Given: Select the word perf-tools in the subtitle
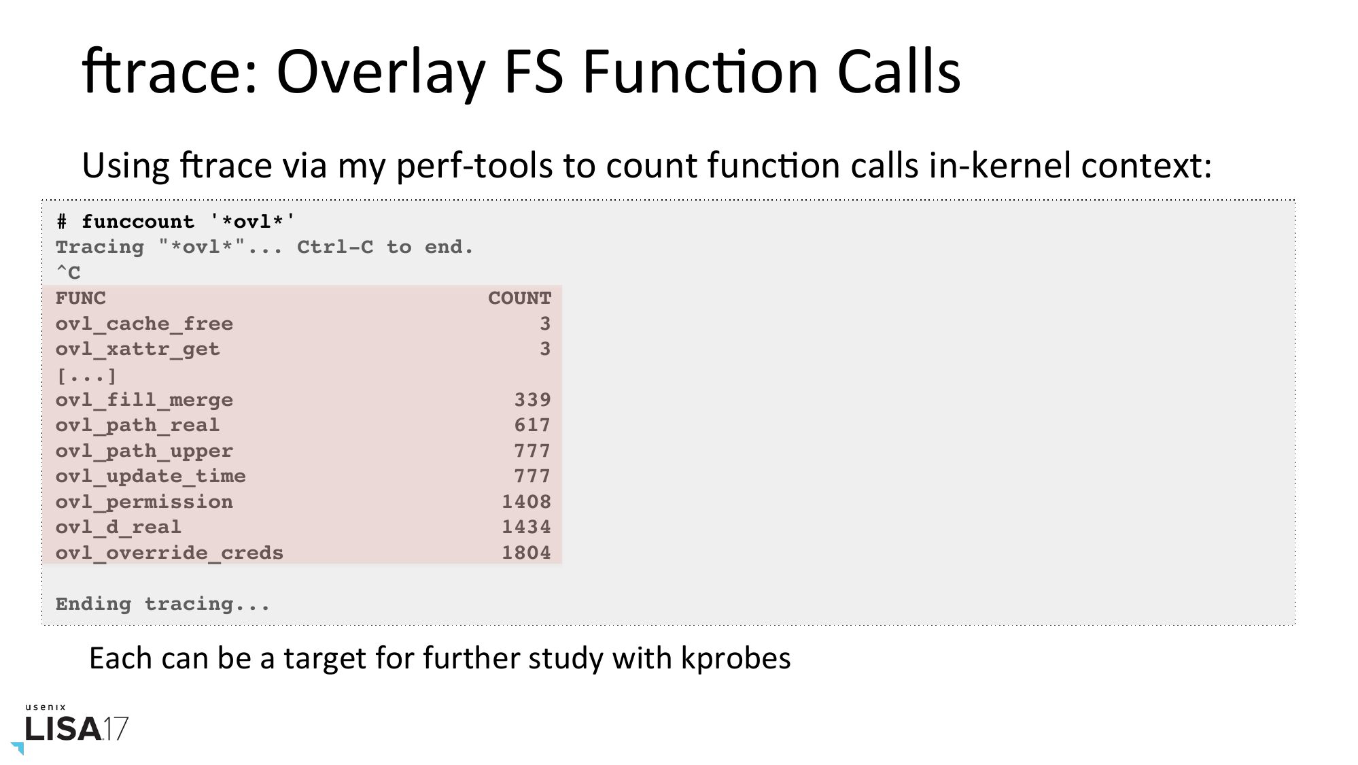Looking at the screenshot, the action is pyautogui.click(x=474, y=166).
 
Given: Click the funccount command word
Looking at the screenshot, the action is pyautogui.click(x=138, y=222).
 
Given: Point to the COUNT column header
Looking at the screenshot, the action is pyautogui.click(x=519, y=298).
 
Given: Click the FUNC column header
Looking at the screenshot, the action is pyautogui.click(x=81, y=298).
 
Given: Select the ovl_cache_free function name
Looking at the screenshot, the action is pyautogui.click(x=144, y=324).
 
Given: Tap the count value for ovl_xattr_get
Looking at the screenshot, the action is pyautogui.click(x=545, y=349).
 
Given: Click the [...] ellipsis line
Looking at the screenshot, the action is pyautogui.click(x=86, y=375).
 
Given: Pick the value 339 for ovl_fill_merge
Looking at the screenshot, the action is pyautogui.click(x=532, y=400).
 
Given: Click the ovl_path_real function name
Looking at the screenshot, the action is pyautogui.click(x=137, y=426).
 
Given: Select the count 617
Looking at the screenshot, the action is pyautogui.click(x=532, y=425).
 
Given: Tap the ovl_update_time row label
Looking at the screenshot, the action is pyautogui.click(x=150, y=477).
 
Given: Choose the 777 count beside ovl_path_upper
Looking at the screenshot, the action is pyautogui.click(x=532, y=451).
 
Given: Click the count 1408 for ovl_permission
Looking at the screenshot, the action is pyautogui.click(x=526, y=502).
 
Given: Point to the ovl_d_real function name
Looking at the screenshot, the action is pyautogui.click(x=118, y=528).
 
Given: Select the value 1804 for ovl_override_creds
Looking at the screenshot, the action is pyautogui.click(x=526, y=553).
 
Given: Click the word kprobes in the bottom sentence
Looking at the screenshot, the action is pyautogui.click(x=736, y=659).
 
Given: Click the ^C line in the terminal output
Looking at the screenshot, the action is pyautogui.click(x=68, y=273).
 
